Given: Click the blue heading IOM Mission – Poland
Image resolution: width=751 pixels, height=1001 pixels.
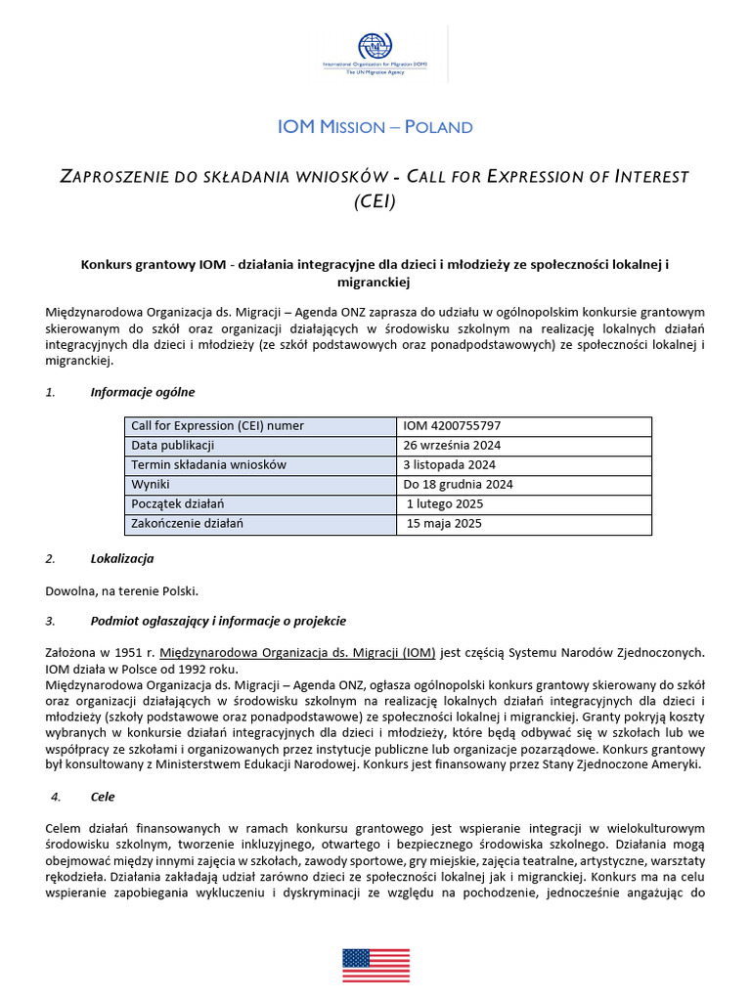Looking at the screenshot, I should click(x=375, y=127).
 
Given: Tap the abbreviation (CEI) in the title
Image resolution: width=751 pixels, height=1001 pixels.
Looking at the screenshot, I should click(x=375, y=201).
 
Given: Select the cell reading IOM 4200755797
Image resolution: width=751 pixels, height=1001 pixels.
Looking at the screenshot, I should click(x=452, y=426).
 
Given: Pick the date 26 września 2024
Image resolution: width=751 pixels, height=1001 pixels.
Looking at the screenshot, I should click(x=452, y=446).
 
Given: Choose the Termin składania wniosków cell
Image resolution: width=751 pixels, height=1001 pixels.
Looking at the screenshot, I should click(x=208, y=465).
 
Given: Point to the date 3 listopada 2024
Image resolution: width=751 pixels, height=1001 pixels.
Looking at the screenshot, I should click(x=449, y=465).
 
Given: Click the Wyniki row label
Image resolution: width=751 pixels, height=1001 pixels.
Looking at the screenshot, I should click(x=151, y=485).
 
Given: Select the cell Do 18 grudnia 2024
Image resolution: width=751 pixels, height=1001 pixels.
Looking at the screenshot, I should click(x=458, y=485).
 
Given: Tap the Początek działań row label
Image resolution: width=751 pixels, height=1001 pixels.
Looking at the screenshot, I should click(x=178, y=504).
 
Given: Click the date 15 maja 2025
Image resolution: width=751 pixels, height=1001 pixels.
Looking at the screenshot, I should click(x=444, y=524).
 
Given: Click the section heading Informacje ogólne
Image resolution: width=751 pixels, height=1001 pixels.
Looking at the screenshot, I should click(x=143, y=392).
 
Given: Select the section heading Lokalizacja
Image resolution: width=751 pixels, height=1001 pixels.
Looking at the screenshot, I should click(x=122, y=559).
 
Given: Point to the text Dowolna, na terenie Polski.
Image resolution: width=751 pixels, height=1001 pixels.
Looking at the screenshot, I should click(x=122, y=590).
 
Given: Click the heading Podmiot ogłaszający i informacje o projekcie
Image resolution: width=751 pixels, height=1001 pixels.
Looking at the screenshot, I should click(x=218, y=622).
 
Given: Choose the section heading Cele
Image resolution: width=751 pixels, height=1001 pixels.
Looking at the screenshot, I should click(x=104, y=797).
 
